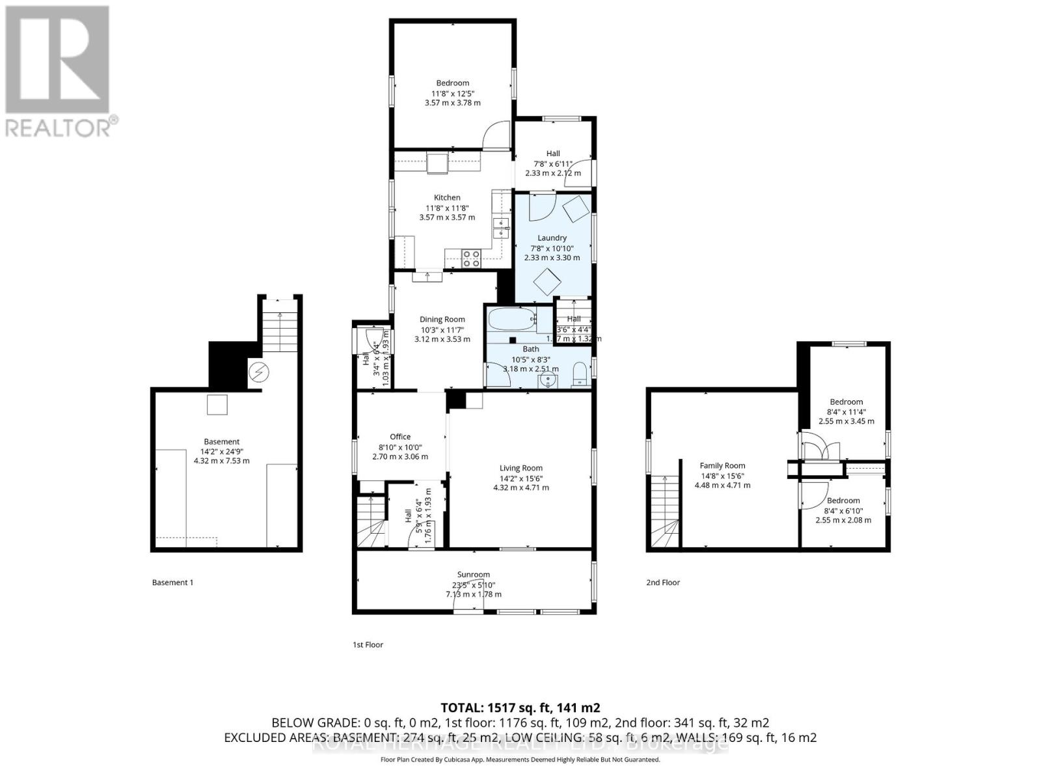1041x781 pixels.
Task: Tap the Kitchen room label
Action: (x=447, y=198)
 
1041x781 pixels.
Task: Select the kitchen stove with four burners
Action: (x=470, y=258)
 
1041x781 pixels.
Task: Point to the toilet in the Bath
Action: (x=578, y=376)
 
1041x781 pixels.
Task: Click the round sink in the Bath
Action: (x=548, y=379)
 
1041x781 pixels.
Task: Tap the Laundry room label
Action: (x=552, y=238)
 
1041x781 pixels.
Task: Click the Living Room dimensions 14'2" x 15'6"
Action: (x=520, y=478)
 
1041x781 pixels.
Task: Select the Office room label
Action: (x=400, y=437)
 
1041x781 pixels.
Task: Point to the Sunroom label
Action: (x=473, y=575)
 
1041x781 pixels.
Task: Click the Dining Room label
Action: (x=442, y=320)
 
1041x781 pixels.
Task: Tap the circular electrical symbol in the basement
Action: (x=258, y=372)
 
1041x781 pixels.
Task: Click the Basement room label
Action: (x=221, y=442)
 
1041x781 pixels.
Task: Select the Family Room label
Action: (x=722, y=466)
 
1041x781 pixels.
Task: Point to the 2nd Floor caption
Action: (x=663, y=582)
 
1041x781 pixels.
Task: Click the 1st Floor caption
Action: (x=368, y=645)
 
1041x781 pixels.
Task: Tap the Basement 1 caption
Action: (x=172, y=582)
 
